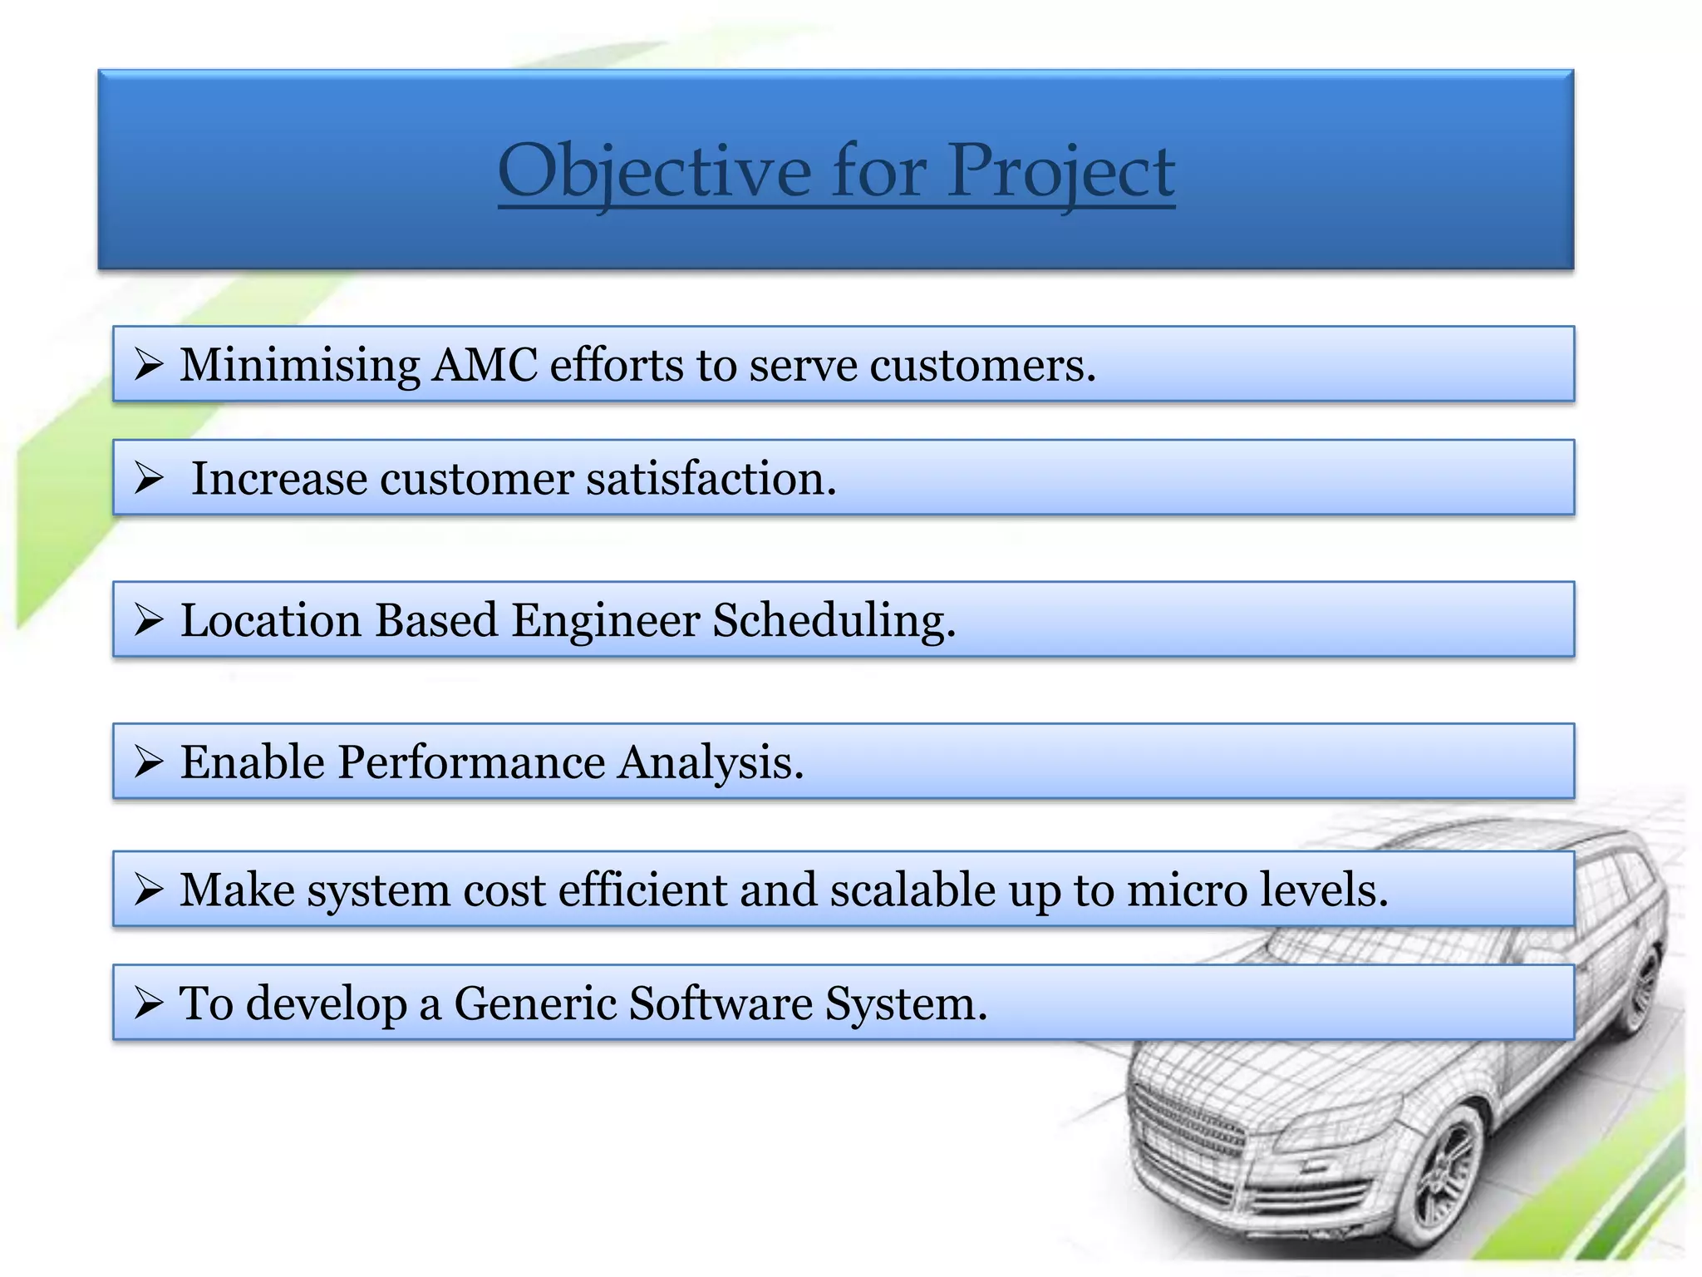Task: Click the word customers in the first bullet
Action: pos(981,365)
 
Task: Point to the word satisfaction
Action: pos(711,479)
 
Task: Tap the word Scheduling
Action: pos(834,620)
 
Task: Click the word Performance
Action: pos(471,762)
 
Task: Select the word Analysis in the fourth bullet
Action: pos(710,762)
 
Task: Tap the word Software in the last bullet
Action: pos(720,1003)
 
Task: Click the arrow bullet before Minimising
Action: pos(148,365)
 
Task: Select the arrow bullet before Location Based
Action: pos(148,620)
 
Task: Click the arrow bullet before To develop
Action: pos(148,1003)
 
